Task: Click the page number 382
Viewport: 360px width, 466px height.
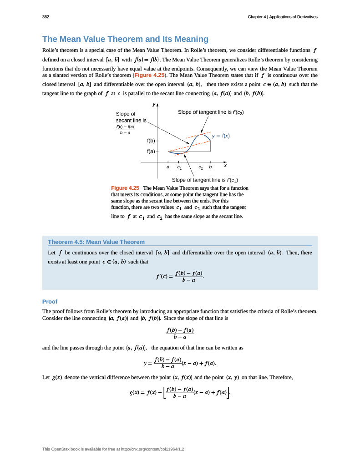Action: click(46, 17)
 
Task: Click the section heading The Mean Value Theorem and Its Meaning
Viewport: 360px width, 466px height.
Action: click(125, 39)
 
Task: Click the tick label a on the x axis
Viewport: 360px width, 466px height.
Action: click(168, 167)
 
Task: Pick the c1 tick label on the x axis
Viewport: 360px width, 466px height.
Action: click(179, 167)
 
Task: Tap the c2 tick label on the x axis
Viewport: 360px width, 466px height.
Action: click(200, 167)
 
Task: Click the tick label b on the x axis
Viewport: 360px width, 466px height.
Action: click(210, 167)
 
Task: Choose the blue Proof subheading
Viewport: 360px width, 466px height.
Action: click(50, 302)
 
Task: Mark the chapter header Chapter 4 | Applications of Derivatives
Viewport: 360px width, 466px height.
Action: click(282, 17)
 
